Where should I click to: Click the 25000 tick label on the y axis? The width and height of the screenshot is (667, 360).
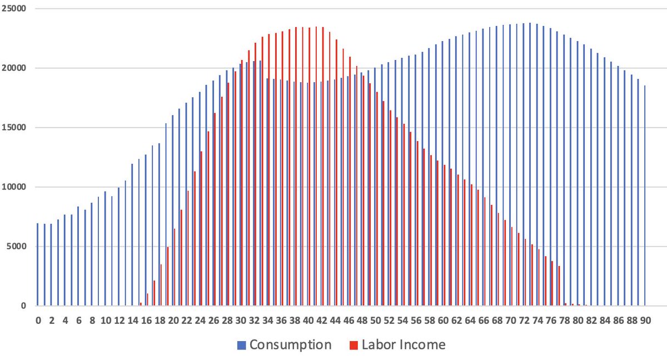pos(14,9)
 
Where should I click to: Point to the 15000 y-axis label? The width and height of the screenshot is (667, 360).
pos(14,128)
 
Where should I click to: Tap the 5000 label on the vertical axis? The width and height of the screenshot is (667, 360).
pos(16,247)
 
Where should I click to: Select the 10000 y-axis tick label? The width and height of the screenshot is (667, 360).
pos(14,187)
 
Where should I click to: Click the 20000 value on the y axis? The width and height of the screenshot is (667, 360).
pos(14,68)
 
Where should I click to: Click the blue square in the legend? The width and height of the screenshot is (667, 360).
pos(241,346)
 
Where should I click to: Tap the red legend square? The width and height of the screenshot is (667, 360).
pos(354,346)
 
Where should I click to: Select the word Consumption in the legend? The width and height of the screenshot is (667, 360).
pos(290,345)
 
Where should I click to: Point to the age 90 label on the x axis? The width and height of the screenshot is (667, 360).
pos(645,321)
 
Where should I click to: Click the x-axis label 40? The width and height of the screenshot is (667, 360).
pos(308,321)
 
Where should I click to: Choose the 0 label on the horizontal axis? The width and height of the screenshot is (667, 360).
pos(38,321)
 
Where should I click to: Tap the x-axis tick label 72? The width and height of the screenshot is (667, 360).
pos(524,321)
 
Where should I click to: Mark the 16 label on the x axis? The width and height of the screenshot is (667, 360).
pos(146,321)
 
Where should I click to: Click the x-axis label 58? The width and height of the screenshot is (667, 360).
pos(430,321)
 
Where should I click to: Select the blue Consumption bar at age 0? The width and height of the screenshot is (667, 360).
pos(38,264)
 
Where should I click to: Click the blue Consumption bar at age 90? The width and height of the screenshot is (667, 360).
pos(645,196)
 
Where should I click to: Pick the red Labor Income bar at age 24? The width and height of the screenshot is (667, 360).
pos(201,228)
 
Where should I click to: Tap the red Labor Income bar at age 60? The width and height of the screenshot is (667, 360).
pos(444,236)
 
